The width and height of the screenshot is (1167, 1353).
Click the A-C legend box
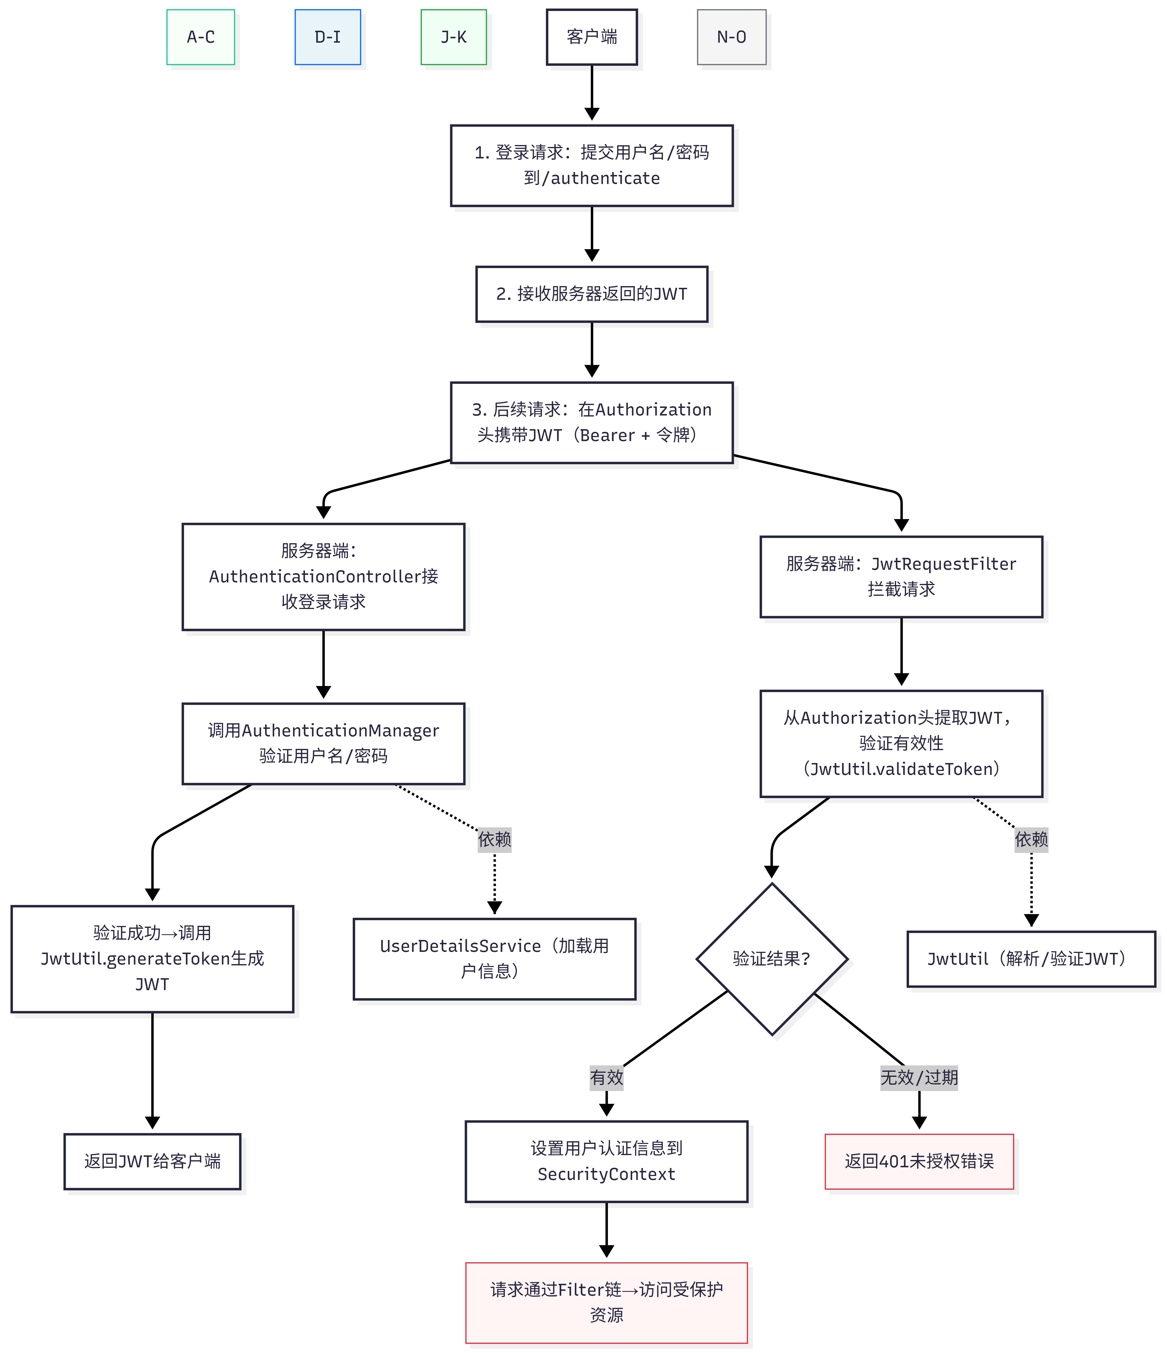point(200,37)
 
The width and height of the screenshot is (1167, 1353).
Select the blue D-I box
point(328,37)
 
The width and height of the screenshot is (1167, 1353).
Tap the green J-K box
point(454,37)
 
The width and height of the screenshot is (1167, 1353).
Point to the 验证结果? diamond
point(771,959)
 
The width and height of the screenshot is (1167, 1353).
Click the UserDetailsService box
point(494,959)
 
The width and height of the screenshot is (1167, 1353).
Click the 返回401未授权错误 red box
point(919,1161)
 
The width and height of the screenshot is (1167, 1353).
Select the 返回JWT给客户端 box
point(152,1161)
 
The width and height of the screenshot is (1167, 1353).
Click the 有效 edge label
point(606,1077)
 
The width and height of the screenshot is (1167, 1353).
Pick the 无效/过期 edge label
point(919,1077)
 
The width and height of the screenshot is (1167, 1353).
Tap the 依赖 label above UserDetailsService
point(494,839)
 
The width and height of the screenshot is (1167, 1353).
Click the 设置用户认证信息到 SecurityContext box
point(606,1161)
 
